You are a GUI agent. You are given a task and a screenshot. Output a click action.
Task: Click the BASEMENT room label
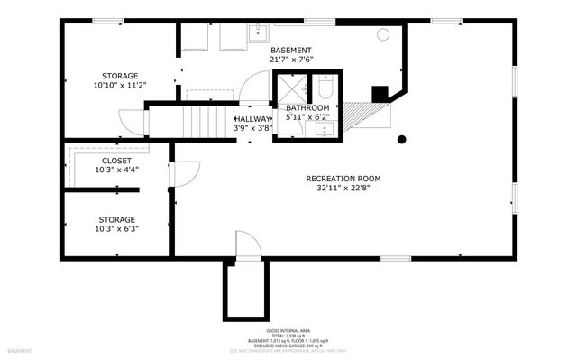click(290, 50)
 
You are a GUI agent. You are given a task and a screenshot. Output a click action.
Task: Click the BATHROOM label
click(307, 107)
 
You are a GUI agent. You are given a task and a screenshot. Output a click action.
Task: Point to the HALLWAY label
click(252, 118)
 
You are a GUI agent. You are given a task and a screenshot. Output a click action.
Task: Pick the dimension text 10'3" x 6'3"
click(116, 228)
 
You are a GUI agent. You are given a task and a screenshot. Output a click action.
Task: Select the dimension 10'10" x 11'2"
click(120, 86)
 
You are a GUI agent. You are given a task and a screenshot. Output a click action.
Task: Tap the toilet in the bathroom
click(325, 88)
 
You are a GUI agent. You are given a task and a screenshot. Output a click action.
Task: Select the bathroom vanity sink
click(324, 128)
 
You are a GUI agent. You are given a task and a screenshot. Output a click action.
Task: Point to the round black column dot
click(402, 139)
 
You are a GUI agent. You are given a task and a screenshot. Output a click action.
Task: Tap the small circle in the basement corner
click(382, 34)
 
